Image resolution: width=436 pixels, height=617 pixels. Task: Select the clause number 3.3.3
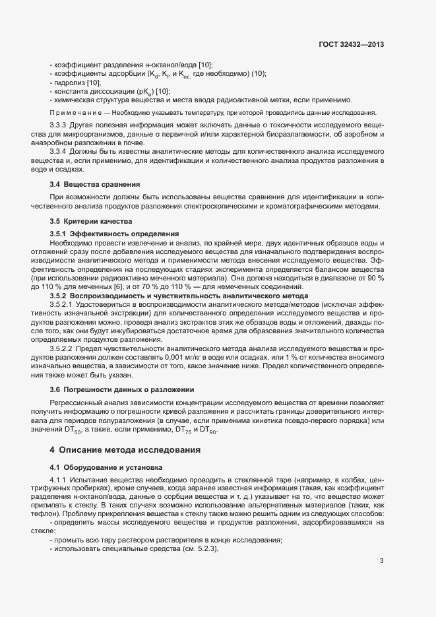click(x=59, y=124)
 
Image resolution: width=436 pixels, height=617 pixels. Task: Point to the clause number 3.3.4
click(x=59, y=152)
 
